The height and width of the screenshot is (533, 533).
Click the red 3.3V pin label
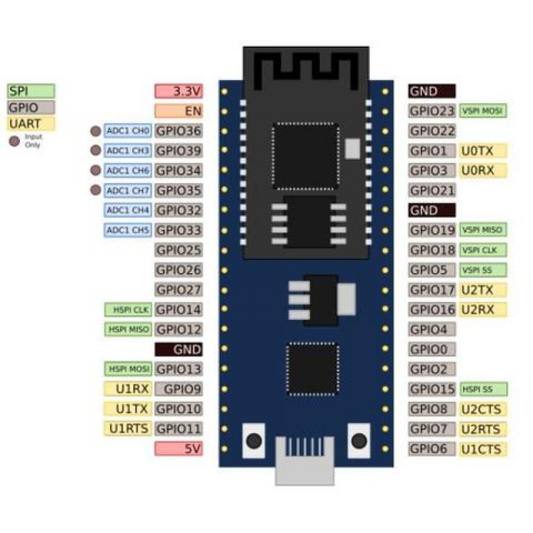tap(179, 91)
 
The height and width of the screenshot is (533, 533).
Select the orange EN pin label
tap(179, 111)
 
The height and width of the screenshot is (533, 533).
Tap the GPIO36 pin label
tap(179, 131)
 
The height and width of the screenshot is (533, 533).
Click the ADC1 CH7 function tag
tap(129, 191)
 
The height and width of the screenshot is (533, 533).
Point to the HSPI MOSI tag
tap(129, 368)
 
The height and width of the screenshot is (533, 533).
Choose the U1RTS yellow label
tap(129, 428)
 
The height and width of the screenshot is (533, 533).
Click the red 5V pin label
tap(179, 448)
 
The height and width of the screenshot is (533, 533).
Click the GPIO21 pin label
tap(432, 191)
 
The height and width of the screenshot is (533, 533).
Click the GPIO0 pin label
tap(432, 349)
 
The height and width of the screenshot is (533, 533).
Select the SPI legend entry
tap(31, 91)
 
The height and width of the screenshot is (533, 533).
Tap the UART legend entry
tap(31, 123)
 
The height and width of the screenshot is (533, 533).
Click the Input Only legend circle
tap(13, 141)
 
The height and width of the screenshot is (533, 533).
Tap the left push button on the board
tap(254, 441)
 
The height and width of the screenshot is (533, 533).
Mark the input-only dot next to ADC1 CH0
tap(96, 131)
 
